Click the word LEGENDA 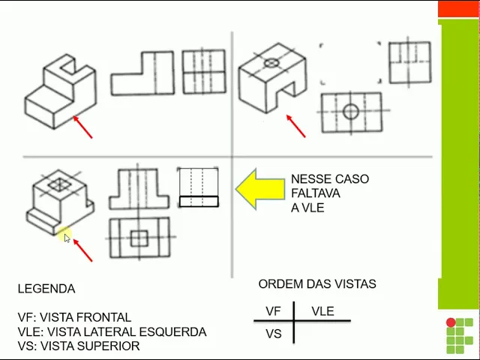(x=46, y=289)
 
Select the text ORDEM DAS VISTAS (x=317, y=284)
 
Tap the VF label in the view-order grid (x=274, y=311)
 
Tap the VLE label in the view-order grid (x=322, y=311)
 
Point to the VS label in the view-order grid (x=274, y=333)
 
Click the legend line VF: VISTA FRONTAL (x=74, y=317)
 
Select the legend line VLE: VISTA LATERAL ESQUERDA (x=112, y=331)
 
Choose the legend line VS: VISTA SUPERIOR (x=79, y=346)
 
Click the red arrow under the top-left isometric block (x=82, y=127)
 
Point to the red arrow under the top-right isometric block (x=296, y=126)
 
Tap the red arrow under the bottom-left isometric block (x=82, y=250)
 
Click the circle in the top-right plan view (x=350, y=112)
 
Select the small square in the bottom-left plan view (x=139, y=238)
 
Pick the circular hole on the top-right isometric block (x=271, y=62)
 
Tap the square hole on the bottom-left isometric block (x=58, y=184)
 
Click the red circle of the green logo (x=451, y=323)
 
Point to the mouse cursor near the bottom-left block (x=67, y=238)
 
